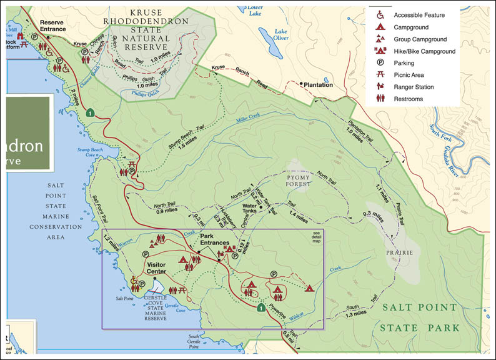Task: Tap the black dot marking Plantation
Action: click(x=301, y=84)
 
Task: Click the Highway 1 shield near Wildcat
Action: click(x=260, y=307)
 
